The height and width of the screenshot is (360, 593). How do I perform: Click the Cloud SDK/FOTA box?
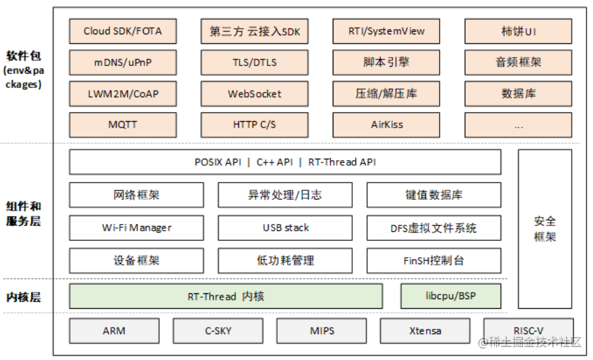click(x=122, y=31)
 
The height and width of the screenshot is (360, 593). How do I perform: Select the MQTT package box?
click(x=122, y=124)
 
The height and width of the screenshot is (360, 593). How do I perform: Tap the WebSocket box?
click(x=254, y=94)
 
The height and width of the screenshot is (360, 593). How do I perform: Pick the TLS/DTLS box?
click(x=254, y=63)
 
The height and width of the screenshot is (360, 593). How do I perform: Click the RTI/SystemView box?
click(x=386, y=31)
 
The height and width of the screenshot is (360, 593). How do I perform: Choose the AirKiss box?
click(x=386, y=124)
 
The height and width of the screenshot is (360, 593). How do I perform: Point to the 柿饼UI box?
click(x=518, y=31)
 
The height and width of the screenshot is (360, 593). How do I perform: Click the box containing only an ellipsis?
click(x=518, y=125)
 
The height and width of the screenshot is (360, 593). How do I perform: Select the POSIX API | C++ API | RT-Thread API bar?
click(x=285, y=162)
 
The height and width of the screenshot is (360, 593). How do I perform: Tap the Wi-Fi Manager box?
click(x=136, y=228)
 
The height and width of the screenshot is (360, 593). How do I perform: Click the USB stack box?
click(x=285, y=228)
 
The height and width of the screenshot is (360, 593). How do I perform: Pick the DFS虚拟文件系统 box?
click(x=434, y=228)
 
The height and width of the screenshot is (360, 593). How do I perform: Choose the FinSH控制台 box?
click(x=434, y=261)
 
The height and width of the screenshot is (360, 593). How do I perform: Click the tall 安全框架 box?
click(x=544, y=229)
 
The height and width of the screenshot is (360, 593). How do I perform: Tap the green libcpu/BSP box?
click(x=451, y=297)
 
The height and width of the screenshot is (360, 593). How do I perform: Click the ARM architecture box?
click(x=114, y=330)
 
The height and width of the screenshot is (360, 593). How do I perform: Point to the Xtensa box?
click(x=425, y=330)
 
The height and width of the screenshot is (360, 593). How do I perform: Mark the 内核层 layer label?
click(x=23, y=297)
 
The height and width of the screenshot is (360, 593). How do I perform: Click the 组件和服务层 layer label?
click(x=23, y=213)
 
